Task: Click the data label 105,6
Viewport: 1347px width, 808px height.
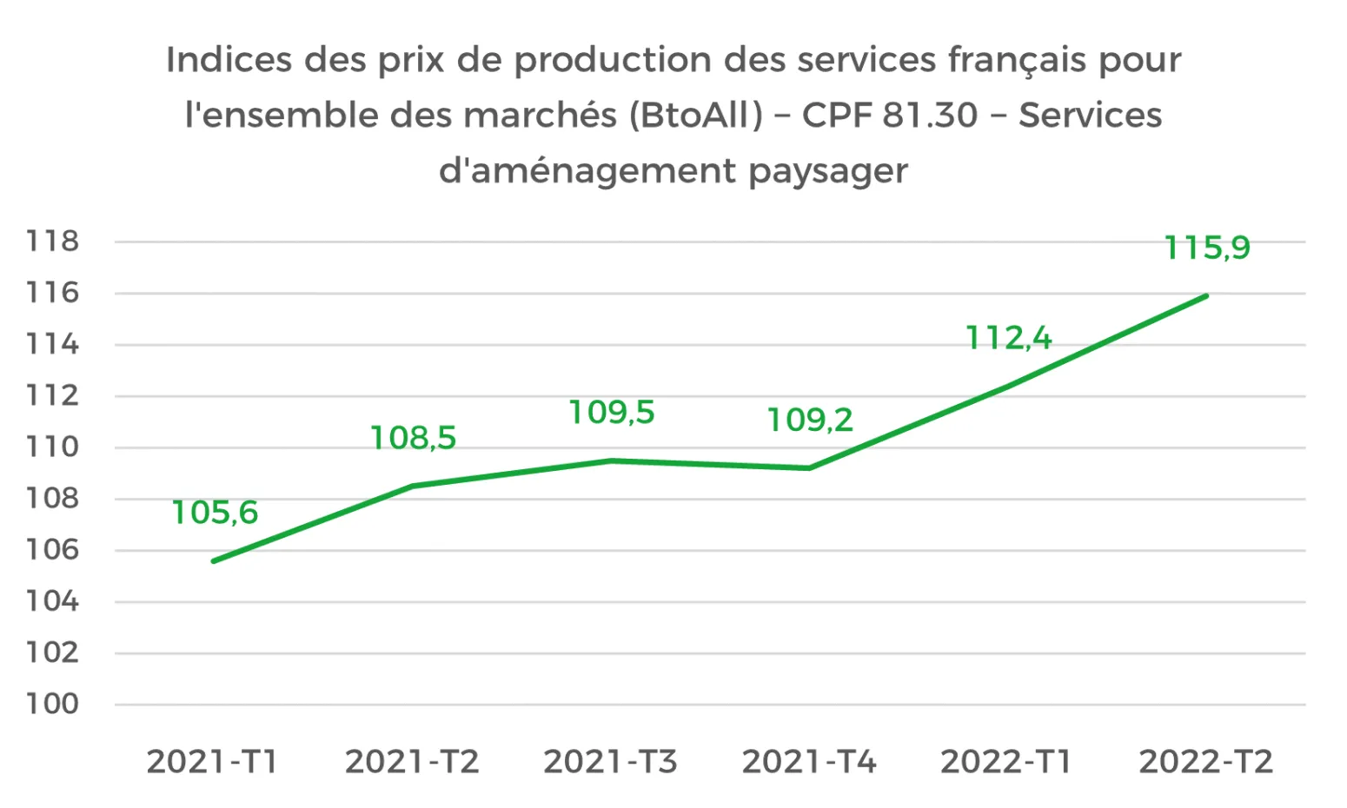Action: tap(215, 513)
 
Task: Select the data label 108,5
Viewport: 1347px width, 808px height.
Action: tap(413, 438)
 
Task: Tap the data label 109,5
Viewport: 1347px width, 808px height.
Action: tap(611, 413)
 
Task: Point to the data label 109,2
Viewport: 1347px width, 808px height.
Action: tap(809, 421)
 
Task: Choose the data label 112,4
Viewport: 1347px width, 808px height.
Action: tap(1008, 337)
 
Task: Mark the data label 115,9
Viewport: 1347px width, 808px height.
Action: tap(1206, 248)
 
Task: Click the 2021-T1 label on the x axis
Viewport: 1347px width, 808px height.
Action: tap(212, 762)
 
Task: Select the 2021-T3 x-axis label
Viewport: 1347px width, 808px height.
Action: tap(610, 762)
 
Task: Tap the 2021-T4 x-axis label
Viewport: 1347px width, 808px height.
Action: tap(809, 762)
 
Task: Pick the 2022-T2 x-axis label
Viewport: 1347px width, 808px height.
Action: tap(1205, 762)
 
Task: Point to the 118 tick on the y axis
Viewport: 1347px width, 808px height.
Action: tap(52, 242)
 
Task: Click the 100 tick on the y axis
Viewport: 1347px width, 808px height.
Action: tap(52, 705)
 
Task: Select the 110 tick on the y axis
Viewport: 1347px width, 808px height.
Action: tap(52, 447)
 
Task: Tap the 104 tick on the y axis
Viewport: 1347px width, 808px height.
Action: tap(52, 601)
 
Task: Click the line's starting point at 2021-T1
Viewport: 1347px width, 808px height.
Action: tap(214, 561)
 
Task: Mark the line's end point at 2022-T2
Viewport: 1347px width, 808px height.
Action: tap(1206, 295)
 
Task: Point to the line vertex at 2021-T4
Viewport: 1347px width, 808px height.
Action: tap(809, 468)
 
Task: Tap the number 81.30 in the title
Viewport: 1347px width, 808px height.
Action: tap(930, 115)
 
